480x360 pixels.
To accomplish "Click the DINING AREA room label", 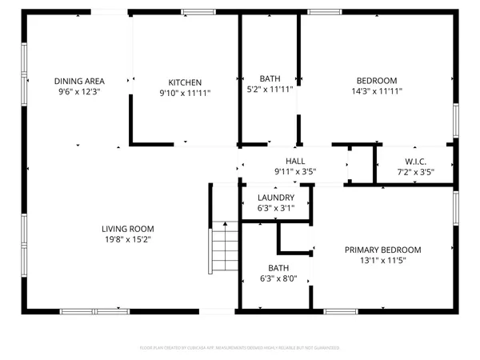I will tap(79, 81).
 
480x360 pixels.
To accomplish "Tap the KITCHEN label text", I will tap(185, 82).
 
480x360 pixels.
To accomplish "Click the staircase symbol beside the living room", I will tap(225, 251).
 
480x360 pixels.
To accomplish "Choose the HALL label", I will tap(285, 159).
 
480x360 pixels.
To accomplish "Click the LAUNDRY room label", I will tap(276, 198).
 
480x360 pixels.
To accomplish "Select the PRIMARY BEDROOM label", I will tap(382, 250).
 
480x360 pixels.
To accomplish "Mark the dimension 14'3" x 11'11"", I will tap(377, 91).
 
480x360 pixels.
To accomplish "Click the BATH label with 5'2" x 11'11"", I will tap(270, 78).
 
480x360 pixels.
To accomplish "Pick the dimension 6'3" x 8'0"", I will tap(278, 278).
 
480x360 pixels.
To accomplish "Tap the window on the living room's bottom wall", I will tap(94, 310).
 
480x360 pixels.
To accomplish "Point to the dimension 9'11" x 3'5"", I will tap(285, 170).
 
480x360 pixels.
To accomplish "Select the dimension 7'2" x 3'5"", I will tap(416, 171).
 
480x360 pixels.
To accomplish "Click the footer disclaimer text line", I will tap(240, 348).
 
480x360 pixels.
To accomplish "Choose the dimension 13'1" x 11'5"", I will tap(382, 260).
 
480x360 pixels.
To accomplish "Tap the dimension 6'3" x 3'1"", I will tap(276, 208).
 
